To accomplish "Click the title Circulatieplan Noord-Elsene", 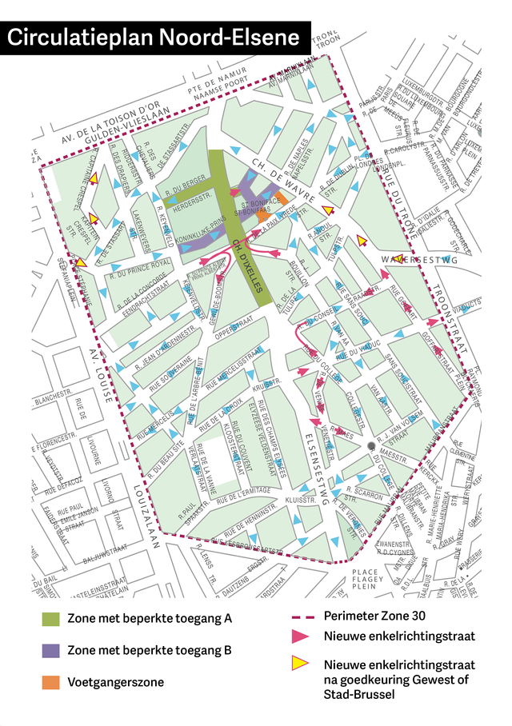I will click(154, 38).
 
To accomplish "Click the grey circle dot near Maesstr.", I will click(370, 445).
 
